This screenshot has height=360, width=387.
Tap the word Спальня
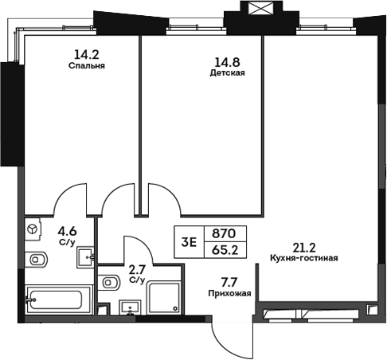point(87,67)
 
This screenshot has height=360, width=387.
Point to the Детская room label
point(227,72)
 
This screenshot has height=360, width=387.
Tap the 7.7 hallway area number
point(229,281)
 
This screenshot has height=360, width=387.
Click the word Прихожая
point(232,293)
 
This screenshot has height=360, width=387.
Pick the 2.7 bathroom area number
point(137,270)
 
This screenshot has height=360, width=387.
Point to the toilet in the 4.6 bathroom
point(36,260)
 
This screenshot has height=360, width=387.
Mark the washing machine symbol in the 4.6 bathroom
point(34,229)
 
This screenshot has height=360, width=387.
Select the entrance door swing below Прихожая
point(228,335)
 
